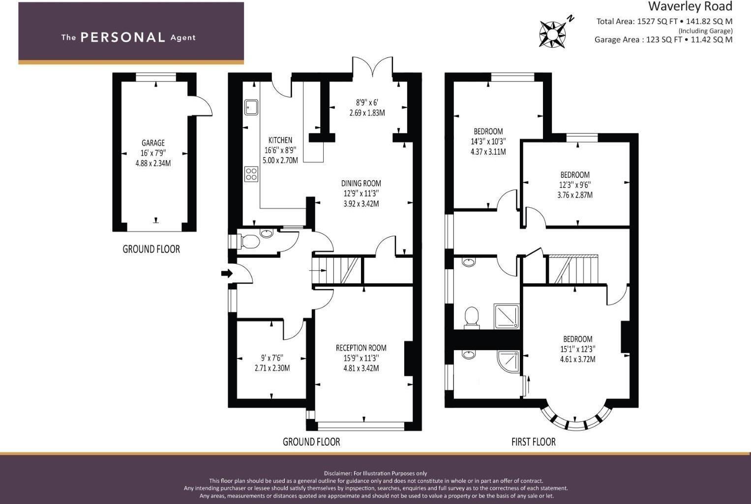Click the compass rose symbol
tap(552, 34)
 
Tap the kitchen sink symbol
tap(251, 107)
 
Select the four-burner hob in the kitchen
tap(251, 174)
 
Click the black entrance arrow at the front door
tap(227, 274)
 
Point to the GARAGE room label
tap(153, 143)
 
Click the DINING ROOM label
tap(361, 183)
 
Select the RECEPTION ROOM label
tap(361, 348)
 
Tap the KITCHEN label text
tap(280, 140)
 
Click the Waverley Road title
tap(690, 6)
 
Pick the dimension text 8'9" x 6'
tap(367, 103)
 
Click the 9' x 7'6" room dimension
tap(272, 358)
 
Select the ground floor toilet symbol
tap(249, 241)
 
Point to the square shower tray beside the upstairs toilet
tap(506, 316)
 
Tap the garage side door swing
tap(203, 106)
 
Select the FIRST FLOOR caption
tap(533, 442)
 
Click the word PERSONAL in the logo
tap(122, 37)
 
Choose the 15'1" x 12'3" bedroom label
tap(577, 349)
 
